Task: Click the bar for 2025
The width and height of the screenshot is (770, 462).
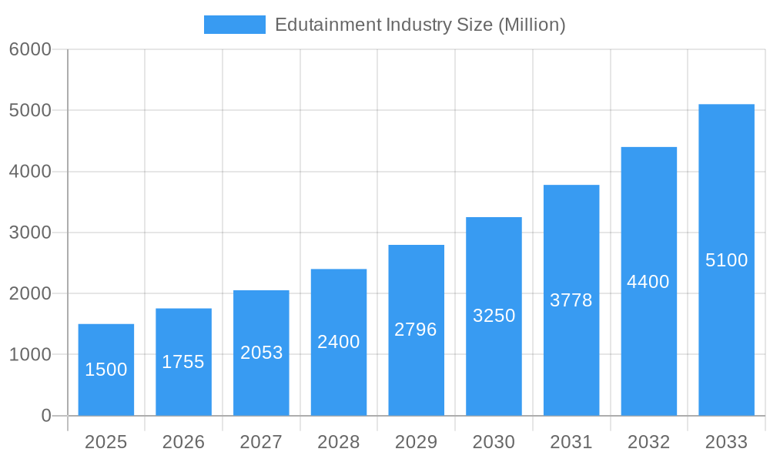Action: pos(106,370)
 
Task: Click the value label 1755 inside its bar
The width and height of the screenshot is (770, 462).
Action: pos(183,362)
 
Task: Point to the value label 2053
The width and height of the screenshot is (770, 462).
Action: pos(262,353)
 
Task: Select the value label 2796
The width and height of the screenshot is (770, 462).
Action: pos(416,330)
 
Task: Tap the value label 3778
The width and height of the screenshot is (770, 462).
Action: pos(571,300)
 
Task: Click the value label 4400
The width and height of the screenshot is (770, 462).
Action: pos(648,282)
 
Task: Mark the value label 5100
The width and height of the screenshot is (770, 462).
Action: pos(726,260)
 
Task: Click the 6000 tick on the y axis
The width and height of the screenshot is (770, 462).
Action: pos(30,49)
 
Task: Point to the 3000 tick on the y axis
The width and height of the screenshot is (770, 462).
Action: pos(30,233)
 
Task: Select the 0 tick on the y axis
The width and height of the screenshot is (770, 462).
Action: pos(45,416)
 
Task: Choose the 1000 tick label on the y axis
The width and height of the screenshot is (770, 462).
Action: pos(30,355)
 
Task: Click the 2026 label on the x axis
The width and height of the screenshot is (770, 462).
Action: pos(183,442)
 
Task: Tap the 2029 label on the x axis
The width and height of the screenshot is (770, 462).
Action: pos(416,442)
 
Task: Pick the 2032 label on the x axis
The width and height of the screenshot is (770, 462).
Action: pos(648,442)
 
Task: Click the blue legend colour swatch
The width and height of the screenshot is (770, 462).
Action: pos(234,25)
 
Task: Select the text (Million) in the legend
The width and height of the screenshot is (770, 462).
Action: pos(531,25)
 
